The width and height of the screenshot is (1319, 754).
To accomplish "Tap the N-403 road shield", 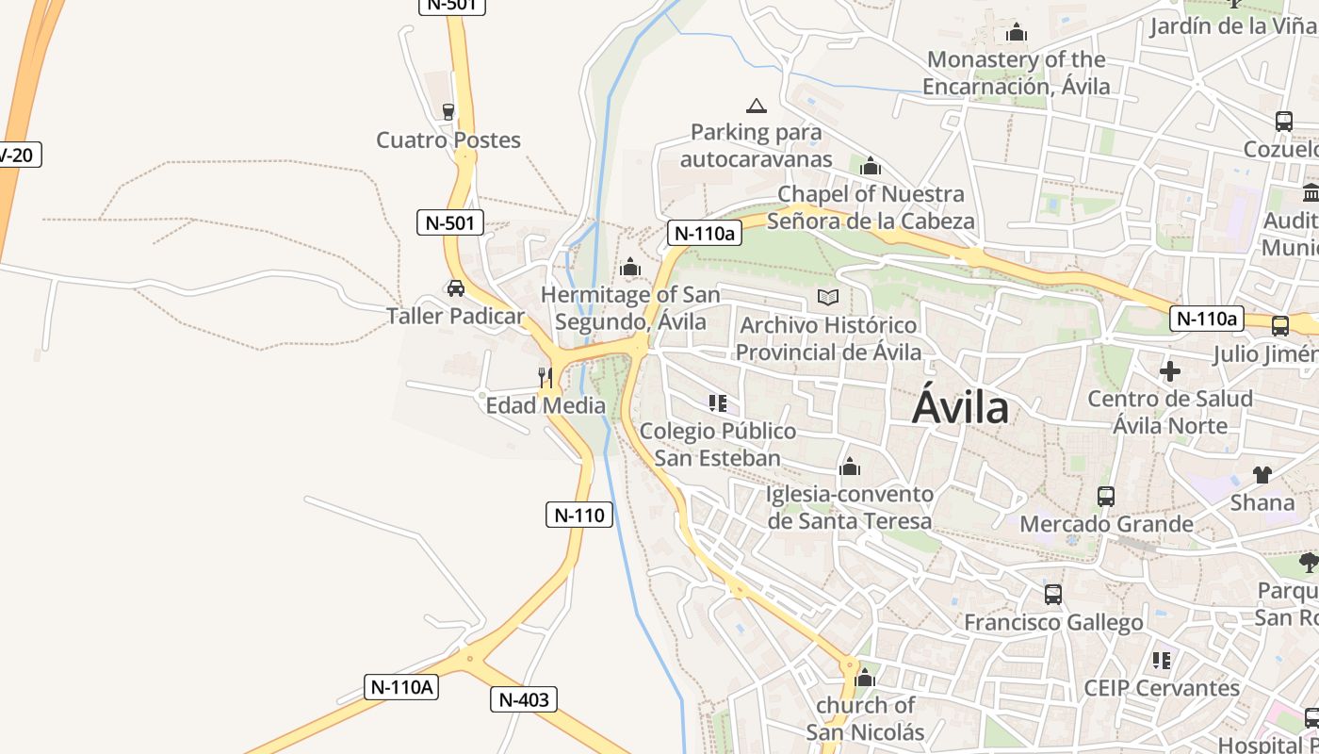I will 523,699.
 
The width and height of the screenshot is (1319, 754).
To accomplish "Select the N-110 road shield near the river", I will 579,515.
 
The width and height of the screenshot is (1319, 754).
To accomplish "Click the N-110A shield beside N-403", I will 401,687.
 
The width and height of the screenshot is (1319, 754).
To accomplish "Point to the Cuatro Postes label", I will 448,140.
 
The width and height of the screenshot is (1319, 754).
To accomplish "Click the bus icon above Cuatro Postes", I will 448,111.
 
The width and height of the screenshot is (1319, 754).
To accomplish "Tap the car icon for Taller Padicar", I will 456,288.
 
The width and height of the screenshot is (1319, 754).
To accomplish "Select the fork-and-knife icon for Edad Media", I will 546,378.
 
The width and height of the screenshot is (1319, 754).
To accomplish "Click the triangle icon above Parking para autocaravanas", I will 756,106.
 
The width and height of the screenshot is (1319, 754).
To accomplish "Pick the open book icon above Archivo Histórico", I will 828,298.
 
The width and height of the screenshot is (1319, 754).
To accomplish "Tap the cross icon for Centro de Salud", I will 1170,371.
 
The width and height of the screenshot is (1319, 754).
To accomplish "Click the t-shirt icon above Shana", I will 1262,475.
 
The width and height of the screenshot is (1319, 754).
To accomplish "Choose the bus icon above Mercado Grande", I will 1106,496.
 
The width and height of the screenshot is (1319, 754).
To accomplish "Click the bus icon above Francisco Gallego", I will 1053,595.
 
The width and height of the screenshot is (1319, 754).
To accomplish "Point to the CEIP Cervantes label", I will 1162,688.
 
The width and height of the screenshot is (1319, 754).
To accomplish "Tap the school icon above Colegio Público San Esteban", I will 718,403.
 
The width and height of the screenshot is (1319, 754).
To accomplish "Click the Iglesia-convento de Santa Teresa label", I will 850,507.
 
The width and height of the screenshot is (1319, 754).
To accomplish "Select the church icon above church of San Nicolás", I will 865,678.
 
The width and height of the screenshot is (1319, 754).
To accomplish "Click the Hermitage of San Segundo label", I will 630,308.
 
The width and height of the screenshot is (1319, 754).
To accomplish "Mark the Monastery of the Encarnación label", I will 1016,74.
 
